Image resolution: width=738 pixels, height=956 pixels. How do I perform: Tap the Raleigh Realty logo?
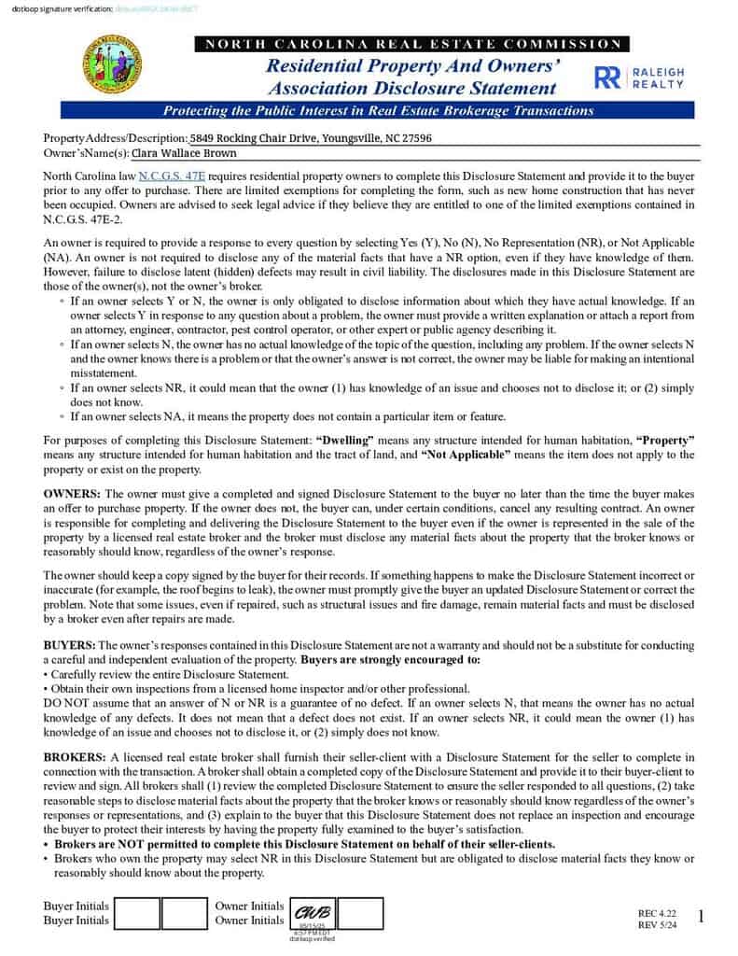pyautogui.click(x=639, y=77)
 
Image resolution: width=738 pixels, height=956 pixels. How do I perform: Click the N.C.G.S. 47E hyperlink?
pyautogui.click(x=172, y=176)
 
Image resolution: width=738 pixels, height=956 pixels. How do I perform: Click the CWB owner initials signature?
pyautogui.click(x=313, y=911)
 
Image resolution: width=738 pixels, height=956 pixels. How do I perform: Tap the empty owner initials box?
pyautogui.click(x=362, y=912)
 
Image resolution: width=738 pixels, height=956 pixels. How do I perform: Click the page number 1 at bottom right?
pyautogui.click(x=701, y=918)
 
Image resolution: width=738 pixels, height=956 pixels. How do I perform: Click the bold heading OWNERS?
pyautogui.click(x=73, y=493)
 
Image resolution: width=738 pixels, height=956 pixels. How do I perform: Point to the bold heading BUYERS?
pyautogui.click(x=70, y=645)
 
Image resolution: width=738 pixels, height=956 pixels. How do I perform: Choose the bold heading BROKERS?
pyautogui.click(x=76, y=756)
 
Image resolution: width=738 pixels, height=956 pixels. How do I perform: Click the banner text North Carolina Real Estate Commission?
pyautogui.click(x=411, y=44)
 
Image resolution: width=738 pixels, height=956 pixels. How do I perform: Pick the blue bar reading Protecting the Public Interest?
pyautogui.click(x=378, y=110)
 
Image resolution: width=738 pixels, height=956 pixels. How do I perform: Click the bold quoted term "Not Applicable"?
pyautogui.click(x=466, y=455)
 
